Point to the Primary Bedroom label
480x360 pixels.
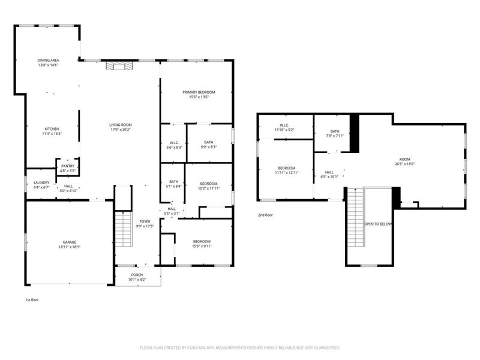pos(199,92)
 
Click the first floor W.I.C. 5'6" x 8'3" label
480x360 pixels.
pos(173,143)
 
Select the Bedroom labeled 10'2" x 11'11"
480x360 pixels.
pos(208,184)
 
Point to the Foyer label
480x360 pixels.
pos(145,221)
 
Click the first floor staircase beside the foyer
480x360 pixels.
pos(123,228)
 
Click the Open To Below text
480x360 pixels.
pos(378,224)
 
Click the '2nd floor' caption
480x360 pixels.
pos(266,214)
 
